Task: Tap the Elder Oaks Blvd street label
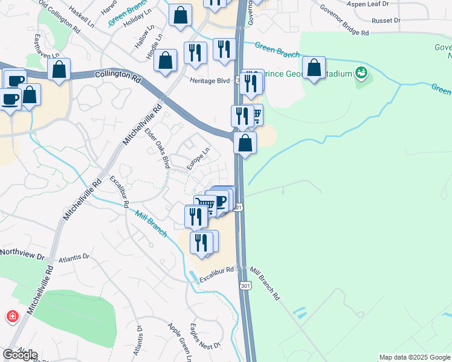pyautogui.click(x=157, y=148)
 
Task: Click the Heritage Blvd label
pyautogui.click(x=211, y=80)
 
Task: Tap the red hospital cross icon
pyautogui.click(x=12, y=316)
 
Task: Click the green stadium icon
pyautogui.click(x=362, y=74)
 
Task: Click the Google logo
pyautogui.click(x=20, y=355)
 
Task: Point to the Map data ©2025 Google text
pyautogui.click(x=414, y=357)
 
